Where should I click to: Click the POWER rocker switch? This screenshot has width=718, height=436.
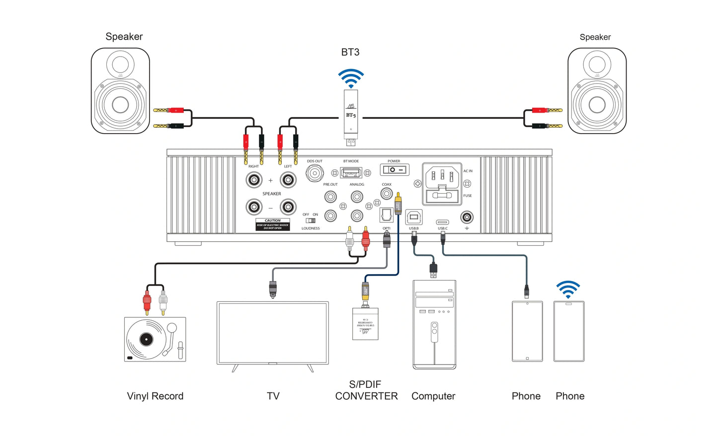[395, 170]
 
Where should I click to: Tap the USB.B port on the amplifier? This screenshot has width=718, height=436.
[414, 217]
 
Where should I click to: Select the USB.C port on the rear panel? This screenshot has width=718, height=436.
[442, 222]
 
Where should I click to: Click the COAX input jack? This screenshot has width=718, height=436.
[387, 194]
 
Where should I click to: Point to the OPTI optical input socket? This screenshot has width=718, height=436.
[387, 215]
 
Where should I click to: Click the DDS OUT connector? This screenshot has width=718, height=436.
[315, 173]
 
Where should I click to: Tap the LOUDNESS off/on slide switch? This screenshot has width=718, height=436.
[311, 220]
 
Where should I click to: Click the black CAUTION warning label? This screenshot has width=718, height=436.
[272, 224]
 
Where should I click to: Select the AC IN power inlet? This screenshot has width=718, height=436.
[442, 184]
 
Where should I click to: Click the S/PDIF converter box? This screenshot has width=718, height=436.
[365, 324]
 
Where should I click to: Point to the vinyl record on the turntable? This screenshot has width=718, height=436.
[146, 339]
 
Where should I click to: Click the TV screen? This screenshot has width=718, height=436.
[273, 333]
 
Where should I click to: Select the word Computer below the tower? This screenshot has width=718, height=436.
[433, 396]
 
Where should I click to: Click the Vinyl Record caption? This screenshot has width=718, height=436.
[155, 396]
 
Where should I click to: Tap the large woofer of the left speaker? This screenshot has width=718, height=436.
[120, 105]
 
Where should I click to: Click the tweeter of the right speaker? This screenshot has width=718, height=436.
[597, 65]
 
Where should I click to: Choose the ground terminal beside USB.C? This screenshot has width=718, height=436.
[467, 218]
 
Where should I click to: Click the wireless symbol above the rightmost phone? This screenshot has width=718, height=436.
[568, 289]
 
